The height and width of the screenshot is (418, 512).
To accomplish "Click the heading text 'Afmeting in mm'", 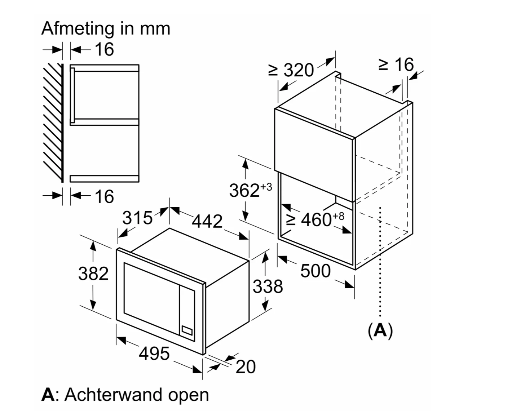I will click(x=106, y=28).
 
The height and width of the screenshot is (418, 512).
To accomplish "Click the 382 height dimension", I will click(x=93, y=274).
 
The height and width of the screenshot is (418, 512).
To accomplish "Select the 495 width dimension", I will click(x=154, y=353).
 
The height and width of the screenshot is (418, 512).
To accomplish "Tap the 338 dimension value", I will click(x=268, y=287).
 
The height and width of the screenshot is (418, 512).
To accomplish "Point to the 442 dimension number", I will click(x=207, y=221).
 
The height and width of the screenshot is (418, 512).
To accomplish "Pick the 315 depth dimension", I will click(x=137, y=218).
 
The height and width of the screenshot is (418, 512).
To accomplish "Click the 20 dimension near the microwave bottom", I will click(x=246, y=367).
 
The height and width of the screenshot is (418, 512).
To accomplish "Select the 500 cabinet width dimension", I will click(x=315, y=271).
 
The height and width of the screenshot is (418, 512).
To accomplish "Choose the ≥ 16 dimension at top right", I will click(x=396, y=65).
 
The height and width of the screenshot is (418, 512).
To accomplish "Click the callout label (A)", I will click(x=380, y=330).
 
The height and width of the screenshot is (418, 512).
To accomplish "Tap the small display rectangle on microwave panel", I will click(x=187, y=330).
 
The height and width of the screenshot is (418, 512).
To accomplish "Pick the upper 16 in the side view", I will click(x=104, y=49).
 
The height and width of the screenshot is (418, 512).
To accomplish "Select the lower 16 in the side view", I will click(x=104, y=196).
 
